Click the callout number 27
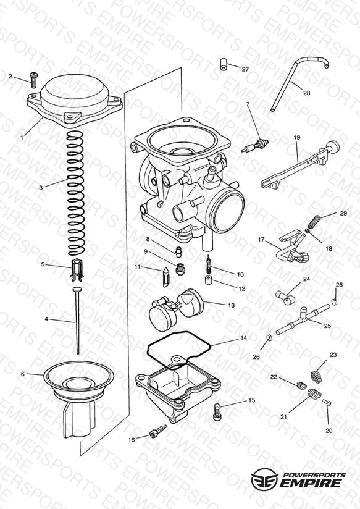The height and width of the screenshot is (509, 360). (245, 69)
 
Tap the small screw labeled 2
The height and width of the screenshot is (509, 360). (33, 80)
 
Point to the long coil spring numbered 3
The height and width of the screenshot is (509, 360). (75, 193)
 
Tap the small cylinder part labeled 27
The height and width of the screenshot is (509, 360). (224, 64)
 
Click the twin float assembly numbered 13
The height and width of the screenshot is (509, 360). (175, 310)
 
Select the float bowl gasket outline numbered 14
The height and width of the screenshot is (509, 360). (179, 350)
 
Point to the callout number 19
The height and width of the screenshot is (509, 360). (297, 138)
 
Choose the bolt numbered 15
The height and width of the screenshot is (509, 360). (217, 411)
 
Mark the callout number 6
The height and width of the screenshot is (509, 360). (23, 374)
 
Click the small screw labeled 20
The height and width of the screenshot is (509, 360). (327, 403)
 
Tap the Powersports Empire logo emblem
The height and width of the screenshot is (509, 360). (264, 479)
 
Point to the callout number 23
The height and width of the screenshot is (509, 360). (333, 355)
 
